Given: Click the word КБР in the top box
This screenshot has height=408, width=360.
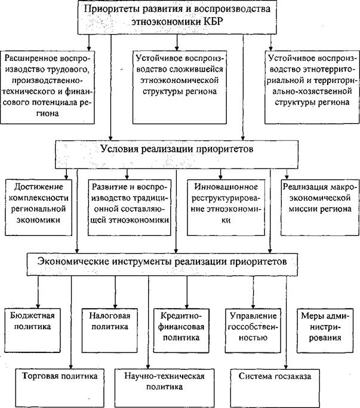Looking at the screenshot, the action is pyautogui.click(x=213, y=21).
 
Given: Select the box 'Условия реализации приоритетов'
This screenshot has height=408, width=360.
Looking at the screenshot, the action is pyautogui.click(x=177, y=155).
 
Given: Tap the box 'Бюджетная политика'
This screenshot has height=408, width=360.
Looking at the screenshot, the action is pyautogui.click(x=32, y=330).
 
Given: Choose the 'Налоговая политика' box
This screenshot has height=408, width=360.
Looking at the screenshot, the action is pyautogui.click(x=109, y=330).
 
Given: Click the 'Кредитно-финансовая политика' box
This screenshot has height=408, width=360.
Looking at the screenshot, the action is pyautogui.click(x=181, y=330).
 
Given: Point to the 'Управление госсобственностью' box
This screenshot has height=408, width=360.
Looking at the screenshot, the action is pyautogui.click(x=253, y=330).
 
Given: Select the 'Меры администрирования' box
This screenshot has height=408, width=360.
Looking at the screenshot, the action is pyautogui.click(x=325, y=330).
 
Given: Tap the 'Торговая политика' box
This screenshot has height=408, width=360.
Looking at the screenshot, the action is pyautogui.click(x=60, y=388).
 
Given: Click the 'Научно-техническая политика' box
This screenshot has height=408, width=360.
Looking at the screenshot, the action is pyautogui.click(x=165, y=388).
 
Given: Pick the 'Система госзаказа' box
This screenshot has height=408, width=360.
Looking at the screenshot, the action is pyautogui.click(x=275, y=388).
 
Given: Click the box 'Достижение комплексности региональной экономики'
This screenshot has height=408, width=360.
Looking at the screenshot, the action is pyautogui.click(x=38, y=207).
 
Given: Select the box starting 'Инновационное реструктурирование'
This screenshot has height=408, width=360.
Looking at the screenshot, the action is pyautogui.click(x=226, y=207).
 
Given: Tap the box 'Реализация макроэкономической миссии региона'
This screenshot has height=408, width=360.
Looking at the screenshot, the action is pyautogui.click(x=320, y=207).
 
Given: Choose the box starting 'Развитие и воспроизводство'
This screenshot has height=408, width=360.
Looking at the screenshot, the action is pyautogui.click(x=130, y=207).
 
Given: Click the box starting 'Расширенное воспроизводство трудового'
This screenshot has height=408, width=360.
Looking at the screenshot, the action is pyautogui.click(x=47, y=87).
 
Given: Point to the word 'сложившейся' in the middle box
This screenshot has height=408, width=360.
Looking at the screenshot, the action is pyautogui.click(x=196, y=69).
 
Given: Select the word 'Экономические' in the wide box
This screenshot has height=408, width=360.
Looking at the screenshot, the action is pyautogui.click(x=73, y=261).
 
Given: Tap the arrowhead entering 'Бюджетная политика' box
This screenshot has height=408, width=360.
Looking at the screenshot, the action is pyautogui.click(x=38, y=306).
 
